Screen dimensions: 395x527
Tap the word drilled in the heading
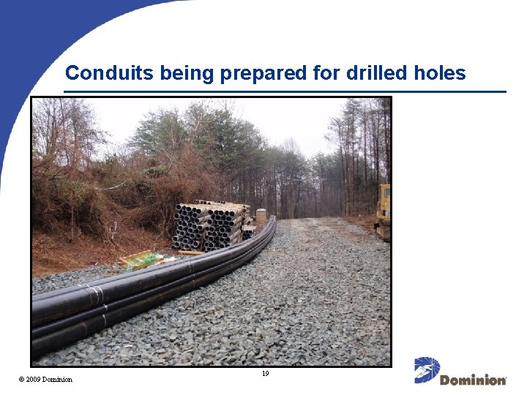(x=371, y=73)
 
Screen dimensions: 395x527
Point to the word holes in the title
(x=439, y=73)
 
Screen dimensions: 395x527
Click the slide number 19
(x=265, y=374)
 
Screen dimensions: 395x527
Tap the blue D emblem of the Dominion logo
(x=427, y=369)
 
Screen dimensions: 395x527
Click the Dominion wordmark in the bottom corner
(x=473, y=380)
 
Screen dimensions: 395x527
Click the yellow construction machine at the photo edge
(x=383, y=212)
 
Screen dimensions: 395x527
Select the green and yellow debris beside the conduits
(x=142, y=259)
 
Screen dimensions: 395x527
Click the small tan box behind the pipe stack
(x=261, y=215)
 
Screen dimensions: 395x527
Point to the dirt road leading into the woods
(x=322, y=219)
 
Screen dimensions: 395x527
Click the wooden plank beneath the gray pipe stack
(x=192, y=252)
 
